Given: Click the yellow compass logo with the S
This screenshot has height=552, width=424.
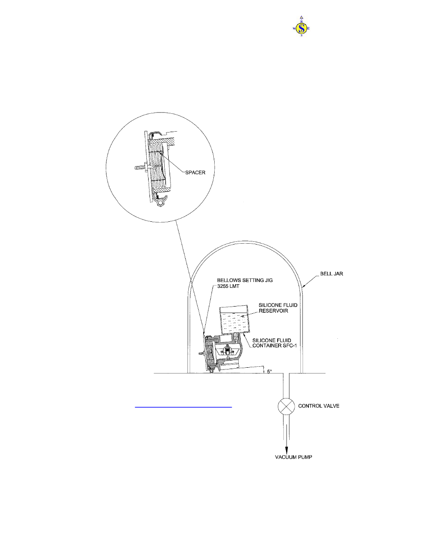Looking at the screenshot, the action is (x=302, y=29).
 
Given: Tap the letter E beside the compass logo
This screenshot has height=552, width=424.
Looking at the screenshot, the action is (x=310, y=29).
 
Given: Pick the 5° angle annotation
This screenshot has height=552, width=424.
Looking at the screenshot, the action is (x=269, y=371).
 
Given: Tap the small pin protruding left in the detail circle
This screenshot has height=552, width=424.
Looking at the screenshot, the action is (x=138, y=168).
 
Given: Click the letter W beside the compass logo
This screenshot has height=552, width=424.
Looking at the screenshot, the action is (x=294, y=29).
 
